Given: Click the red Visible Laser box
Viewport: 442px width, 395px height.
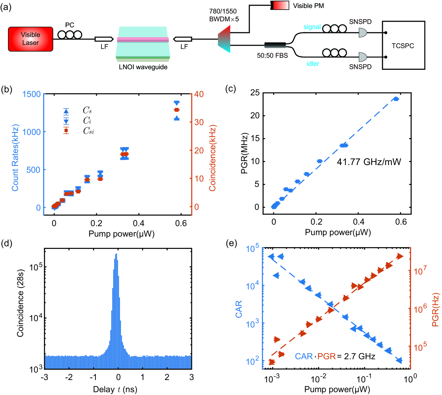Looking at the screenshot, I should [x=31, y=39].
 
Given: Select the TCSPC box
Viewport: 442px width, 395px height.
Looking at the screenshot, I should [x=403, y=45].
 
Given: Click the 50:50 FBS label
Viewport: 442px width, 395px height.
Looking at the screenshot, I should [x=272, y=56].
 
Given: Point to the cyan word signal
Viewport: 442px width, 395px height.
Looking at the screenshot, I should [x=312, y=27].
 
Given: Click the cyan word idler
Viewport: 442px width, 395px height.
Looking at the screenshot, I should [x=313, y=64].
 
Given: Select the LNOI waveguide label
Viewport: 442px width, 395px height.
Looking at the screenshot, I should [x=143, y=67].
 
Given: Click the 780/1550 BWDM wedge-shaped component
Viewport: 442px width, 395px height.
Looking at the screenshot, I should [x=224, y=39].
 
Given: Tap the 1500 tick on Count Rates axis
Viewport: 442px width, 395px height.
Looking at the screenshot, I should [x=31, y=94].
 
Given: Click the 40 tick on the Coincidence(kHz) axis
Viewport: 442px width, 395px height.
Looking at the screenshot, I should [x=199, y=94].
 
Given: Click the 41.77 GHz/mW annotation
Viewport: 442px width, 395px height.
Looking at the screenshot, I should [x=369, y=162].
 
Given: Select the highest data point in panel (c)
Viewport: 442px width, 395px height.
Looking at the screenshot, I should [x=396, y=99].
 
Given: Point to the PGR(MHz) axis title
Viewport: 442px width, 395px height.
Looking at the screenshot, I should [x=244, y=153].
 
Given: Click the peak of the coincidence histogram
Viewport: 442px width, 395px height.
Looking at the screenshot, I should [x=116, y=255].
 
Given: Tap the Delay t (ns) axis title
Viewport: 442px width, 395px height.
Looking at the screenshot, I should [x=115, y=389].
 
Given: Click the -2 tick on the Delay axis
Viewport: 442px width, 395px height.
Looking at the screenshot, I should [x=69, y=377].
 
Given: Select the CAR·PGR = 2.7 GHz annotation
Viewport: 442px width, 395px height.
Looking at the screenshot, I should [x=335, y=356].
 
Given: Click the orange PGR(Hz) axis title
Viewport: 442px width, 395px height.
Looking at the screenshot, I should [x=435, y=309].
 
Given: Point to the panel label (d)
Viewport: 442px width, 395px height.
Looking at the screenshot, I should [x=7, y=243].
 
